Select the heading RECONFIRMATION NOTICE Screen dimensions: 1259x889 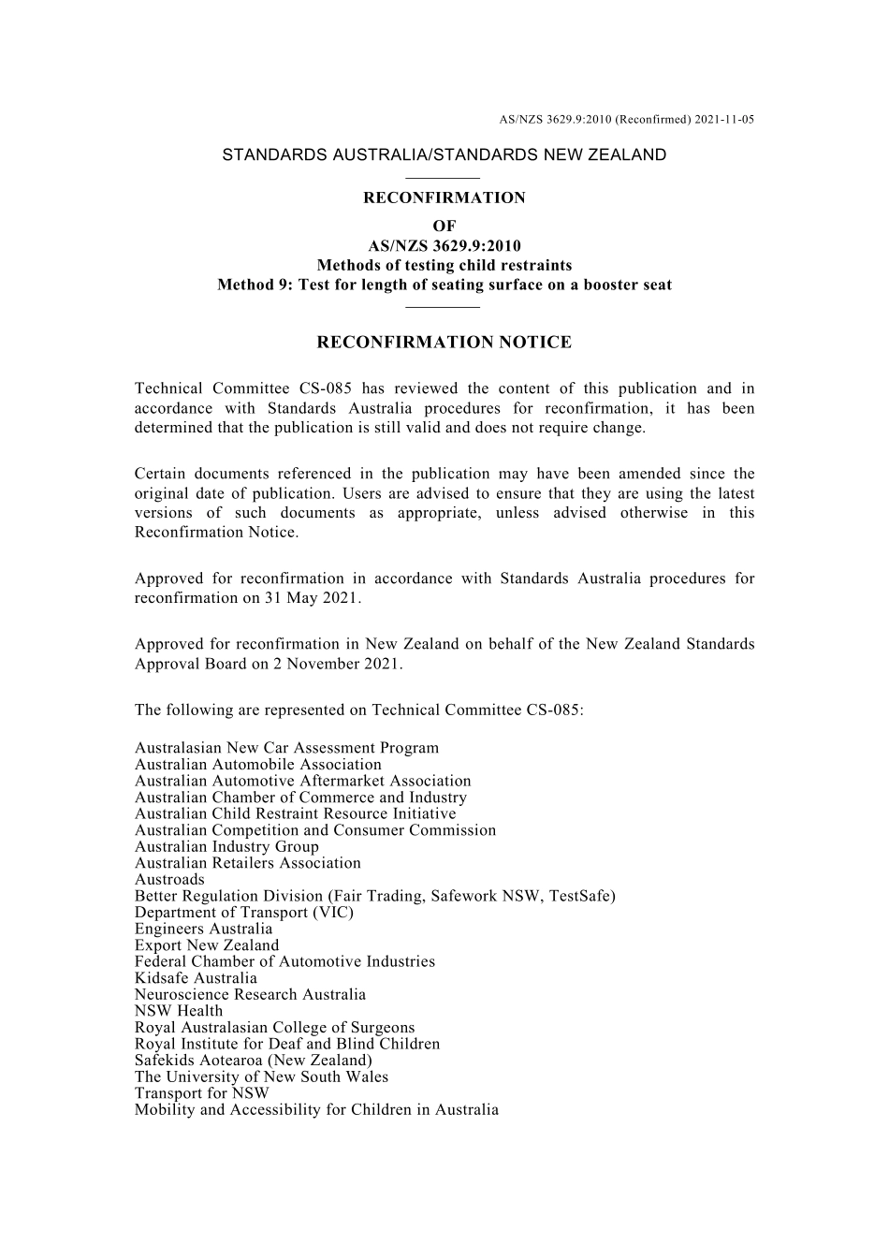click(444, 343)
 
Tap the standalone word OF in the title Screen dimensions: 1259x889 click(444, 226)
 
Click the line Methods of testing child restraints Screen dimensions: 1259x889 click(444, 265)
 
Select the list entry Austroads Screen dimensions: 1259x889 click(169, 880)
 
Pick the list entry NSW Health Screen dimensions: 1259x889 click(179, 1011)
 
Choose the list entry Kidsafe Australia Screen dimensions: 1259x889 click(196, 978)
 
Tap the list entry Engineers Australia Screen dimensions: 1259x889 click(203, 929)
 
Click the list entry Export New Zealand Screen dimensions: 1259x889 click(207, 945)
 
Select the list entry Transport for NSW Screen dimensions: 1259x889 click(201, 1093)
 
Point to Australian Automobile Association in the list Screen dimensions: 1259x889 click(258, 765)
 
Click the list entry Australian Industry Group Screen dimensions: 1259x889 click(226, 847)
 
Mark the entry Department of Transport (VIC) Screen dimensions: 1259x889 click(244, 913)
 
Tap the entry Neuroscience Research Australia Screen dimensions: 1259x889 click(250, 995)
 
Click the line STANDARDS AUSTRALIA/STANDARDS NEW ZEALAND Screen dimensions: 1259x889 click(444, 155)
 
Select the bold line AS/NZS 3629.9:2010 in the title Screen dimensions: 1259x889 click(444, 246)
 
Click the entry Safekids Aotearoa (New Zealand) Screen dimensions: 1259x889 click(254, 1061)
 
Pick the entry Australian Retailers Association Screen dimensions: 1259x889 click(247, 863)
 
